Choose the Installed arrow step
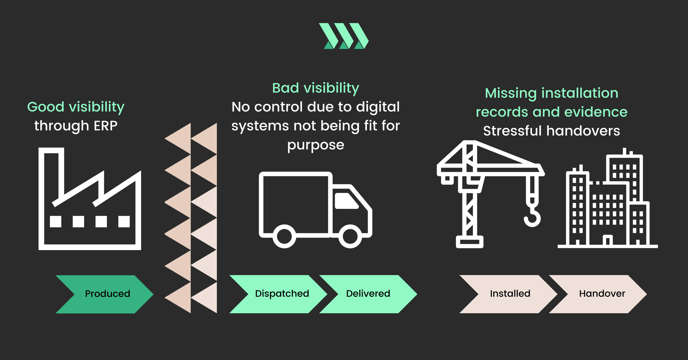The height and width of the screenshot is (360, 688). (509, 294)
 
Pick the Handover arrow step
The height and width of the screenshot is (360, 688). (600, 294)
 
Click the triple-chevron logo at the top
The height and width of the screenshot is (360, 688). (344, 36)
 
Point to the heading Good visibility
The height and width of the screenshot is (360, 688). (76, 107)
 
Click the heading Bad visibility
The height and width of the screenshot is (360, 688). (315, 88)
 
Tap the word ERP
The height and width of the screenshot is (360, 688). (106, 126)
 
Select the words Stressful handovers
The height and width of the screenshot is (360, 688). (551, 131)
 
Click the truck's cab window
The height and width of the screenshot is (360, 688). (346, 201)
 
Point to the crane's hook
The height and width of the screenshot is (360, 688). (533, 217)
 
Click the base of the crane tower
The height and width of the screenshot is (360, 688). (470, 242)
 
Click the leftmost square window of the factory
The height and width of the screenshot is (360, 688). (56, 222)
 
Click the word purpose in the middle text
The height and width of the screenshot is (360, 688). (315, 145)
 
